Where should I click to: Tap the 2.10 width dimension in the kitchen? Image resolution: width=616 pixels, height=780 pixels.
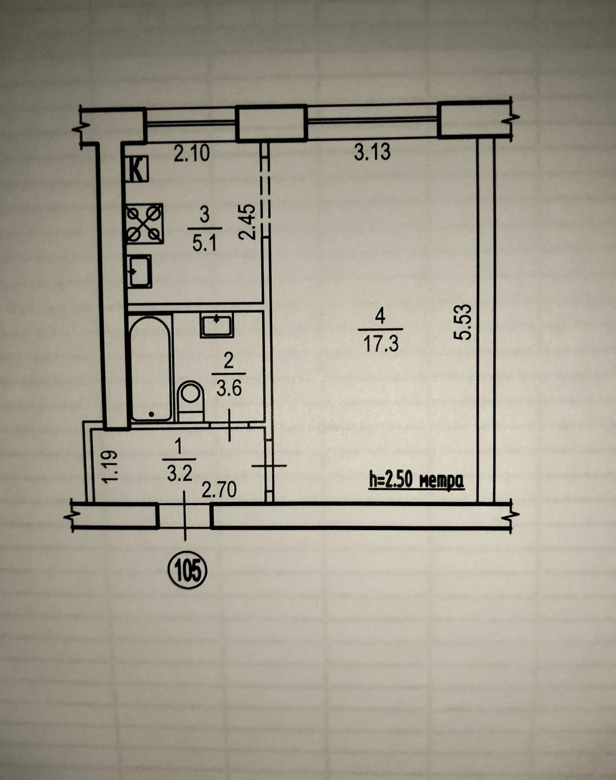click(x=191, y=153)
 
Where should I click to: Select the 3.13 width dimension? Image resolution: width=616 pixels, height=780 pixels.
click(x=372, y=152)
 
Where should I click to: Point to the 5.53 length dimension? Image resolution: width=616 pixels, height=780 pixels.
click(x=463, y=322)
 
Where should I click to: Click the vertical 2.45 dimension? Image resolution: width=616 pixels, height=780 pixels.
click(x=247, y=222)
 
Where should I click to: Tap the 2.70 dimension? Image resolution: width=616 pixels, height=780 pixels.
click(x=219, y=491)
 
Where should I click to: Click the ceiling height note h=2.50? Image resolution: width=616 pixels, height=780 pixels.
click(x=417, y=481)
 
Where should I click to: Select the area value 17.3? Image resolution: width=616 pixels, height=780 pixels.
click(x=381, y=344)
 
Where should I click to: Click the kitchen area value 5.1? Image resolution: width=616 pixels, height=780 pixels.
click(x=204, y=243)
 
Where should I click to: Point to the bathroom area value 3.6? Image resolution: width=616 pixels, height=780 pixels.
click(x=229, y=389)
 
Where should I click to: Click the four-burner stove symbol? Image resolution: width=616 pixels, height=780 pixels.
click(x=145, y=224)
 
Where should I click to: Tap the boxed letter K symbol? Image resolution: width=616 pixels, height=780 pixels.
click(x=137, y=169)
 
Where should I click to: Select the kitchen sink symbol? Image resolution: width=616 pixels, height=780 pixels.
click(x=139, y=271)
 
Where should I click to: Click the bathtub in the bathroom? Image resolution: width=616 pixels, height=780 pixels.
click(x=150, y=368)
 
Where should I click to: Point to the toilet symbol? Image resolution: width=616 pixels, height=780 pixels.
click(x=191, y=401)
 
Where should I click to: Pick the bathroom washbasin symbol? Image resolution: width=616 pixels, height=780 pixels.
click(x=217, y=325)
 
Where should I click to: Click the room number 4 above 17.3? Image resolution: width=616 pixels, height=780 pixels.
click(x=379, y=317)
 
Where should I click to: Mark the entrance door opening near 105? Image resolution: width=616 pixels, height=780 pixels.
click(x=185, y=516)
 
